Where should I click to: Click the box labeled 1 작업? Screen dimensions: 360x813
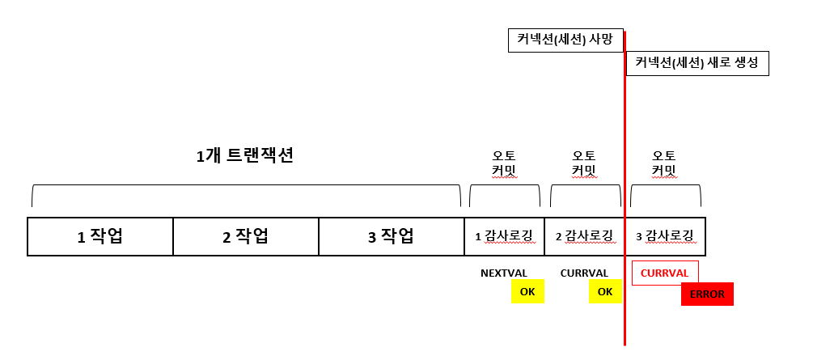tap(100, 236)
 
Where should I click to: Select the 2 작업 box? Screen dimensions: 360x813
tap(246, 236)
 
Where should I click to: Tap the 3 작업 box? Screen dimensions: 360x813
tap(392, 236)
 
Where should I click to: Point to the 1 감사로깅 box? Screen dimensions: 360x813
tap(504, 236)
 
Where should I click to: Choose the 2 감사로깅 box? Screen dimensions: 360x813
tap(584, 236)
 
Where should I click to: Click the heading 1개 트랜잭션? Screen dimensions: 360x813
tap(244, 156)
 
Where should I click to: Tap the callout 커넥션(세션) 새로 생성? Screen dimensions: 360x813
tap(697, 63)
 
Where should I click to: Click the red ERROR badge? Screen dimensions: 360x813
tap(707, 294)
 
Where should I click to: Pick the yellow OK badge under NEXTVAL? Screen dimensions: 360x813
tap(527, 292)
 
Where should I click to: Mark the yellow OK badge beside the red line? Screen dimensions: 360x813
tap(605, 292)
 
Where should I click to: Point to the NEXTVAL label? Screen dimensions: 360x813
tap(503, 273)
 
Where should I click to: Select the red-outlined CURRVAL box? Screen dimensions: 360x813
tap(664, 273)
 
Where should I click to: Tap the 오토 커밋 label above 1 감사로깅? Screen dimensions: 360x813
tap(504, 163)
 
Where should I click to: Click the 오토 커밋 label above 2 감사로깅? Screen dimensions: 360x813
tap(584, 163)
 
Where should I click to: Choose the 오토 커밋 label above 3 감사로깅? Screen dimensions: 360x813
tap(664, 163)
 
